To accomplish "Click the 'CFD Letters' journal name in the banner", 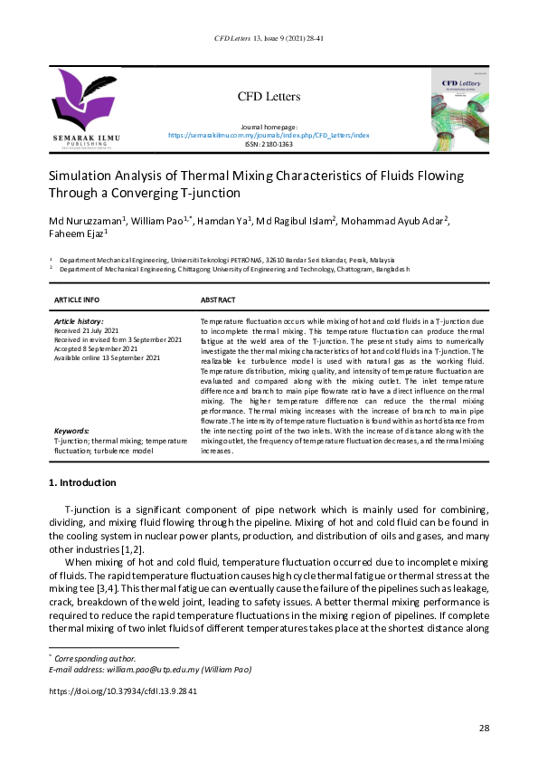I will point(269,97).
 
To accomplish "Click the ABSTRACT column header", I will point(218,300).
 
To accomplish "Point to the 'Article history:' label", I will point(79,321).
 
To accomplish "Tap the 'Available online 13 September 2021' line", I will point(108,357).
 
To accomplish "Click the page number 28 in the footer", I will point(483,729).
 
